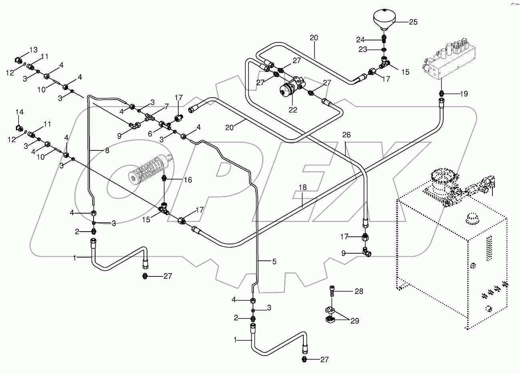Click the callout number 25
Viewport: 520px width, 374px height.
click(413, 22)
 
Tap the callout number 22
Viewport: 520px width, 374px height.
click(293, 109)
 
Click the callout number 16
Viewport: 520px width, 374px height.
click(188, 180)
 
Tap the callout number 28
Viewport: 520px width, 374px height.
click(359, 291)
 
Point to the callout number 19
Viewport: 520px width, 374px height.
click(463, 94)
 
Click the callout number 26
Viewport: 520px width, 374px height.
click(346, 135)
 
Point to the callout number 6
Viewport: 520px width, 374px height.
click(150, 134)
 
